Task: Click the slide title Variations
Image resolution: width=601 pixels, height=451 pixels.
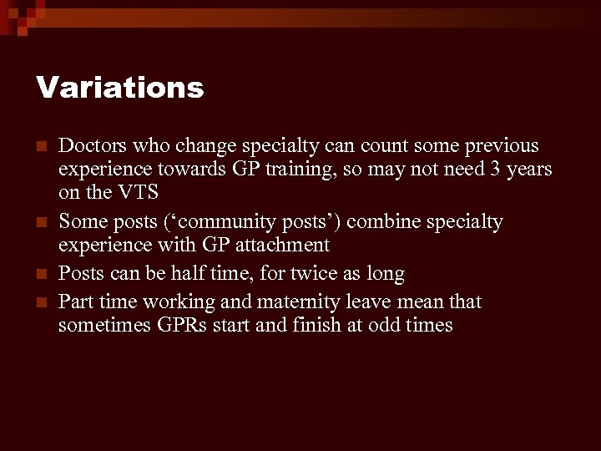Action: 119,88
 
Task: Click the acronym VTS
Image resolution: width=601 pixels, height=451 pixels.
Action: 139,193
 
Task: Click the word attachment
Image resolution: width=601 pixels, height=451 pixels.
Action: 282,245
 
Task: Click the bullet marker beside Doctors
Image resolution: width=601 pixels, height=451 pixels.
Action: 42,147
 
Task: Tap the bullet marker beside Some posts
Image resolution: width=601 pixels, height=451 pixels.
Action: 42,222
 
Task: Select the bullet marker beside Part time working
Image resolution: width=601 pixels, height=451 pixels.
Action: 42,301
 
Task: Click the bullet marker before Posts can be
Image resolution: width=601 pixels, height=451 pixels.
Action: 42,274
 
